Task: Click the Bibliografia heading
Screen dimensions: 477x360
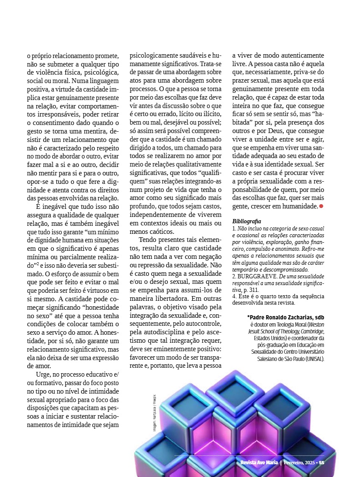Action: coord(247,221)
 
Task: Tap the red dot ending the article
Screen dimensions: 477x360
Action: coord(321,206)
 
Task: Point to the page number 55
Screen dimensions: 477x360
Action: coord(321,463)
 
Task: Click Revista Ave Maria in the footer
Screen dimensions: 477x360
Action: coord(259,463)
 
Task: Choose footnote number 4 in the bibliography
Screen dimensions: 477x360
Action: coord(234,296)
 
